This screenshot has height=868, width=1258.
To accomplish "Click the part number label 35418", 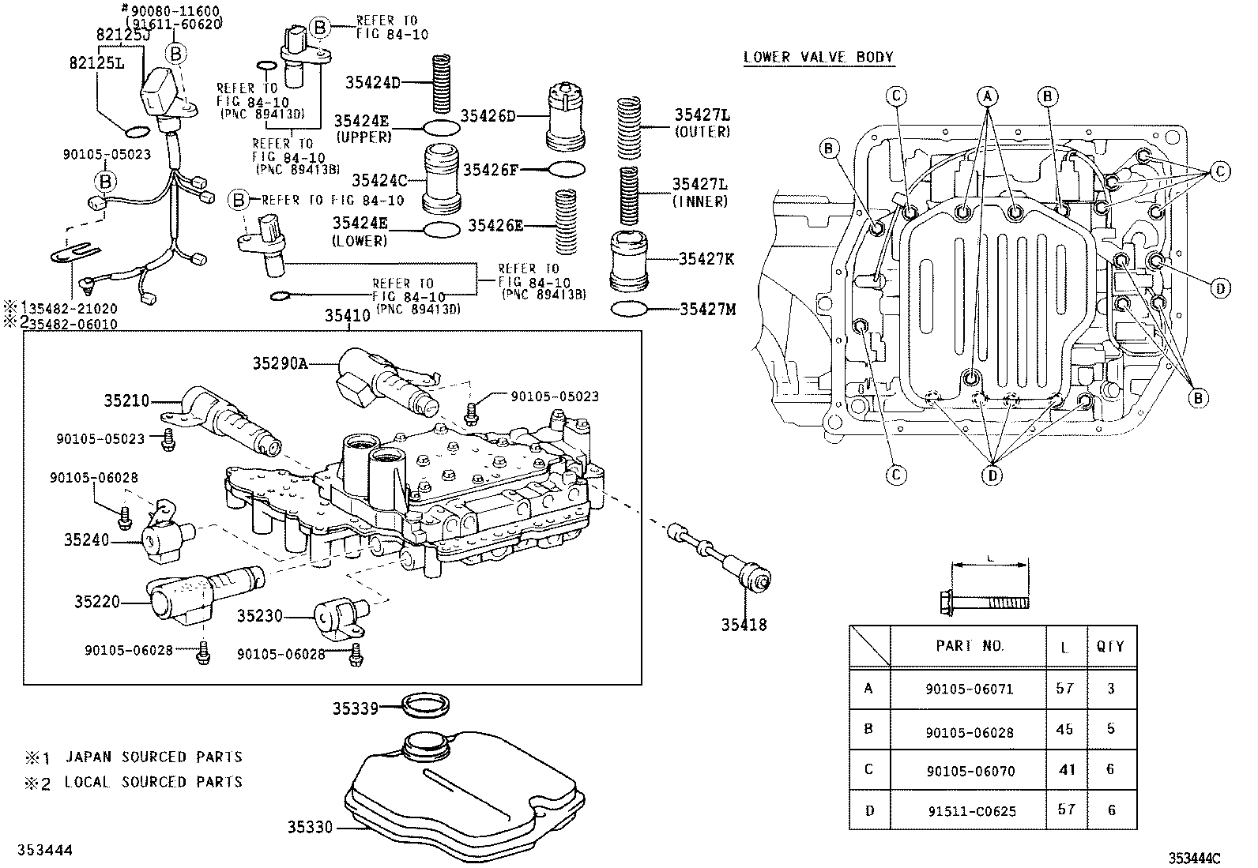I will click(x=743, y=626).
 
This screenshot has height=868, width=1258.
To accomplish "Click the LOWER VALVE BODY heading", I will click(x=818, y=57).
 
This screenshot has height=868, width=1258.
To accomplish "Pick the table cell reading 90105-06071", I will click(x=969, y=689).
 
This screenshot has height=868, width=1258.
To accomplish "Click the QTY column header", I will click(x=1109, y=647).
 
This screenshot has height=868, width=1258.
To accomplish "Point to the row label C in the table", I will click(x=868, y=769).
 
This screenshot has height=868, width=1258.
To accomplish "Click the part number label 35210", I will click(x=126, y=401).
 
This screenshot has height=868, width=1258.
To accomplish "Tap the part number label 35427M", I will click(x=707, y=309).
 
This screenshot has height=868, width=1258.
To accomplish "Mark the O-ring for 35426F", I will click(x=566, y=169).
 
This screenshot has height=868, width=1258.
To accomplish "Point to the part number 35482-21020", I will click(x=67, y=309).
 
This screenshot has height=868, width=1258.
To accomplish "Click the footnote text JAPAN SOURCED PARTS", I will click(x=153, y=757).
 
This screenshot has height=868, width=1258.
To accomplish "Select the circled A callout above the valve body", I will click(x=986, y=96).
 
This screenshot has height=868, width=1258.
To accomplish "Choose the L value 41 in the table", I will click(x=1067, y=769).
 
